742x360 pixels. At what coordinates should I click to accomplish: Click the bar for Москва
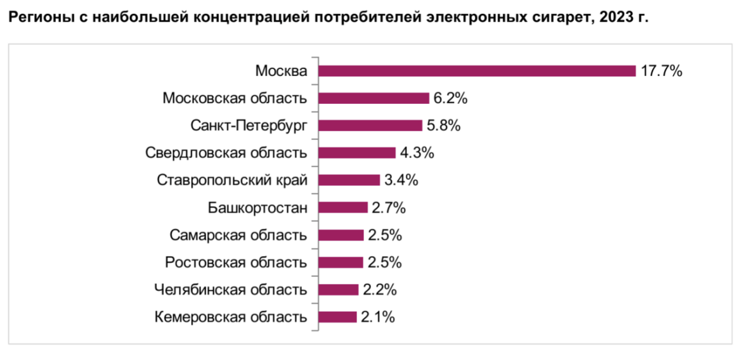pos(476,70)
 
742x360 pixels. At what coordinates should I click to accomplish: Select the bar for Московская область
pos(374,98)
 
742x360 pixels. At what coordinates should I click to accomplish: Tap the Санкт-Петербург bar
pos(370,125)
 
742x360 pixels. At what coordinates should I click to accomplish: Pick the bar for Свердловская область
pos(356,153)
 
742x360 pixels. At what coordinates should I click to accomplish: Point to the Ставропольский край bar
pos(349,180)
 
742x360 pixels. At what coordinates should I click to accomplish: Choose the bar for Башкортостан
pos(342,207)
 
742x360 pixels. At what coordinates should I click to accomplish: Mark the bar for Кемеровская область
pos(337,317)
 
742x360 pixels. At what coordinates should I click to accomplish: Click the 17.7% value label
pos(661,71)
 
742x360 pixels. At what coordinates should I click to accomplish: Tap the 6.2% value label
pos(451,98)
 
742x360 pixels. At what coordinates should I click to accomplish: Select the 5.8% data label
pos(443,125)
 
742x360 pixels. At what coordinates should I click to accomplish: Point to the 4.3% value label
pos(417,153)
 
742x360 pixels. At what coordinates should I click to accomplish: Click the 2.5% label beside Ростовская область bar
pos(384,262)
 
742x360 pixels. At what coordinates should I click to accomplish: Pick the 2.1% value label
pos(378,317)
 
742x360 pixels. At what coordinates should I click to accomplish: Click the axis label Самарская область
pos(238,235)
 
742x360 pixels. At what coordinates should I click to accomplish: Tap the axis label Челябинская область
pos(231,290)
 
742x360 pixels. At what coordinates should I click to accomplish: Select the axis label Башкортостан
pos(257,208)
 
